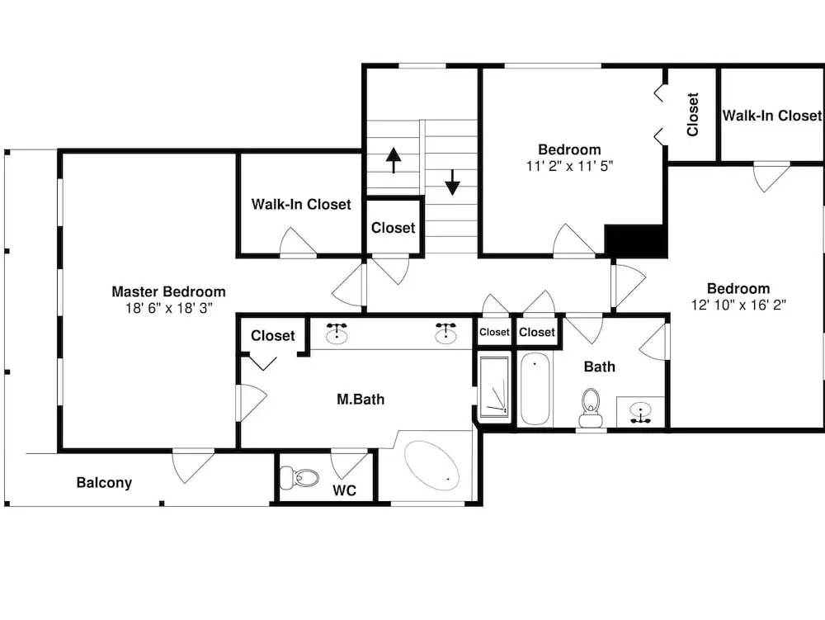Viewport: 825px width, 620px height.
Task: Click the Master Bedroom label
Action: [x=168, y=291]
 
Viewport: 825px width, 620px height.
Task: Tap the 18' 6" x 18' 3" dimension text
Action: [x=168, y=308]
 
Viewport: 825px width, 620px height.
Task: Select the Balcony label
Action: [x=104, y=483]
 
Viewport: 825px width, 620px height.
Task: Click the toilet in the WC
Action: [x=299, y=478]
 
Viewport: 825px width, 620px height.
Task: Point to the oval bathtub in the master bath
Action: [x=431, y=466]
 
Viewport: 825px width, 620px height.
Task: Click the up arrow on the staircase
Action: [x=394, y=160]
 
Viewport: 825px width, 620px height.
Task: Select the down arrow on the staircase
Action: [x=452, y=182]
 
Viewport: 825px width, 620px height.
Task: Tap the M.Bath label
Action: [x=361, y=400]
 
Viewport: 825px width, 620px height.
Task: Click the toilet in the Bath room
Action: [x=591, y=408]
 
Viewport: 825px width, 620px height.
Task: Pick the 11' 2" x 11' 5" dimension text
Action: [x=569, y=166]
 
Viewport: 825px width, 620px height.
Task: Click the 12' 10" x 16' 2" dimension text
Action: [x=738, y=305]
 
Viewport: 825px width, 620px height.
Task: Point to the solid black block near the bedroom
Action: [x=635, y=240]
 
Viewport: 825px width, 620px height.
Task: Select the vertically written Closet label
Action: [x=693, y=115]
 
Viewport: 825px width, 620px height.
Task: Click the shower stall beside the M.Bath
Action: [x=494, y=387]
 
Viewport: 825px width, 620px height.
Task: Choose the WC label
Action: [x=345, y=490]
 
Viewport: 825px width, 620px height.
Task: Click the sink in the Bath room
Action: [x=640, y=411]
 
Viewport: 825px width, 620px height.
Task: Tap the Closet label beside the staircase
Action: [x=393, y=228]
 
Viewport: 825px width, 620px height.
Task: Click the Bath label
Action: [x=599, y=367]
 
